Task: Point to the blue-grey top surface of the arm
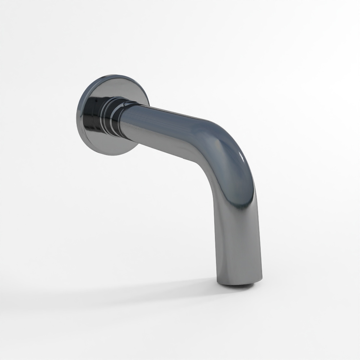point(169,114)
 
